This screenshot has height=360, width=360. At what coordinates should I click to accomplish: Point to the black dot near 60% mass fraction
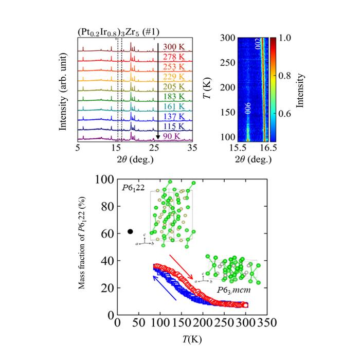tap(130, 232)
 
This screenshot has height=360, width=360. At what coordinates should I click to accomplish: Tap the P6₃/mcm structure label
tap(230, 291)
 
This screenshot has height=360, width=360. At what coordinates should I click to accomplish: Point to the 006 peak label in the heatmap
tap(248, 105)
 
